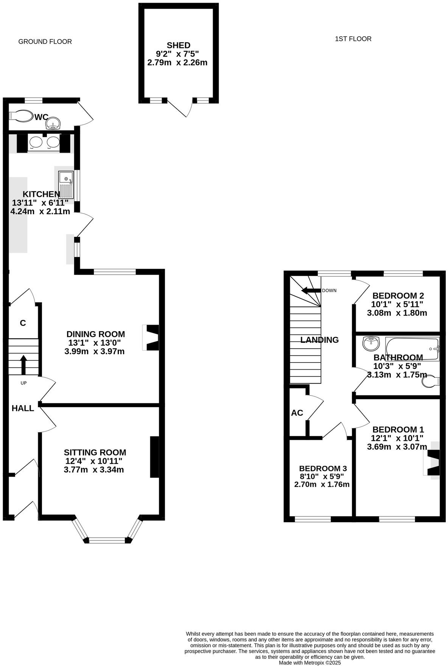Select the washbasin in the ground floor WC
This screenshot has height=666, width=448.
coord(53,123)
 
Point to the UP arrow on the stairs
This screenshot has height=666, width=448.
coord(23,364)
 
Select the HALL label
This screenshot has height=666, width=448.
coord(23,408)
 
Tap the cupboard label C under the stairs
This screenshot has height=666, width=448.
coord(23,323)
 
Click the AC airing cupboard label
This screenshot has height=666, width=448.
coord(297,413)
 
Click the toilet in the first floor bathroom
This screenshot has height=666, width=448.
coord(431,381)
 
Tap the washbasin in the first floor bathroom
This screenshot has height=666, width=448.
coord(371,344)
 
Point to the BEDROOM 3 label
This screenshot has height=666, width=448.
coord(322,468)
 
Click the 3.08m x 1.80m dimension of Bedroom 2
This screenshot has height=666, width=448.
coord(397,313)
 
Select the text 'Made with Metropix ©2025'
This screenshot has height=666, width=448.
coord(310,663)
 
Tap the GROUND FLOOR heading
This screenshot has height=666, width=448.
coord(45,42)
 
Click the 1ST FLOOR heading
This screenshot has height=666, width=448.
coord(353,39)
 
